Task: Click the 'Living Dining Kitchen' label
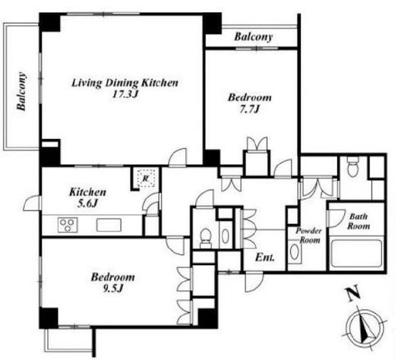(125, 83)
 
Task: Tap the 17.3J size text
(126, 94)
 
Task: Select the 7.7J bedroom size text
(250, 109)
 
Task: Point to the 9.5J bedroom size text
(112, 289)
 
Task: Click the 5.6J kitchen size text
(87, 204)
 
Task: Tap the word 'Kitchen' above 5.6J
(87, 192)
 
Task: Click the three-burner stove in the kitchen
(68, 225)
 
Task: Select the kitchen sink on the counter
(109, 225)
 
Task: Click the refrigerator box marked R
(146, 178)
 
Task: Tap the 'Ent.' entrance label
(265, 257)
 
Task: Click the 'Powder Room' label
(308, 235)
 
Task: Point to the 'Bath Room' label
(359, 221)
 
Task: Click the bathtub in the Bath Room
(356, 254)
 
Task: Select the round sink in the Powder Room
(294, 251)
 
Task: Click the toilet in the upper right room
(352, 166)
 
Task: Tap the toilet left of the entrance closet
(205, 238)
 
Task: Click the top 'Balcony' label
(253, 36)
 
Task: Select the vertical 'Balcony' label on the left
(21, 91)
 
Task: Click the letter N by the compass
(353, 293)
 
